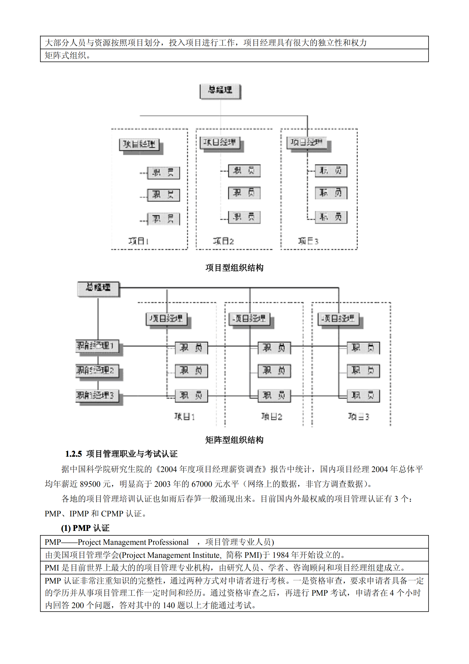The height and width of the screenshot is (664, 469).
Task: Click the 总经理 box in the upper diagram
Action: (x=220, y=91)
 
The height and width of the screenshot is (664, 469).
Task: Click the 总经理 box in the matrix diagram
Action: (x=98, y=288)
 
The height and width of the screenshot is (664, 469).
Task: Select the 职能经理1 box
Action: (x=97, y=345)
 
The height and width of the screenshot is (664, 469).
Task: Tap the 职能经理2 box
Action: (x=97, y=370)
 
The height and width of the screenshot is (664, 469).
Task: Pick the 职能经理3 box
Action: (x=97, y=395)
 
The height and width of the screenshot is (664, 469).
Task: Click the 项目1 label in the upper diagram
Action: (x=138, y=241)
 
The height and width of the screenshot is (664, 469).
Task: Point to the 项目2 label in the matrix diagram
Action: (x=272, y=417)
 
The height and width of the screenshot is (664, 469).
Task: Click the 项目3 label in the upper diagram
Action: (x=308, y=241)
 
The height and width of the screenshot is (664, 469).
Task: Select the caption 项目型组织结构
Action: (x=234, y=268)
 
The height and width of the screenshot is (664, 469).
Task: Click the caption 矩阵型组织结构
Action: (x=234, y=440)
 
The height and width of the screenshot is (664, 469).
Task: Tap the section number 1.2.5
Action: (x=73, y=454)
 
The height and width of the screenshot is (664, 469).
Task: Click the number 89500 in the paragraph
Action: (x=90, y=484)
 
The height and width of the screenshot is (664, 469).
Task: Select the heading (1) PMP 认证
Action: (x=85, y=528)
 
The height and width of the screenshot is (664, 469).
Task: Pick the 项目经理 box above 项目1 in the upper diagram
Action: (x=139, y=144)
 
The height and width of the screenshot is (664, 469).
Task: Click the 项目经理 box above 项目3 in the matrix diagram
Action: (x=338, y=319)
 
